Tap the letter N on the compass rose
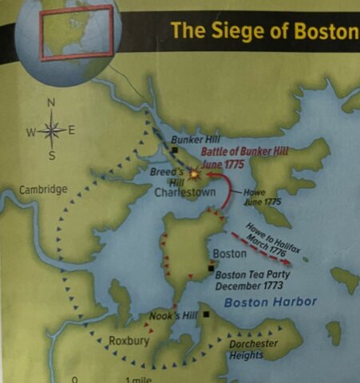[52, 102]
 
